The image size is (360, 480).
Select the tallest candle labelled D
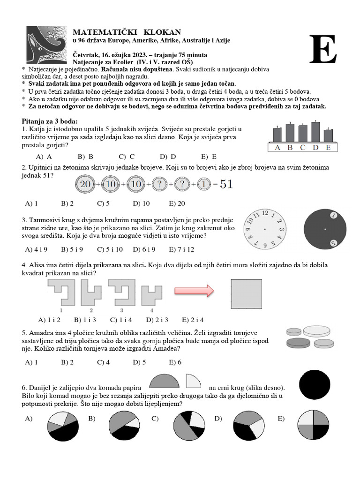pyautogui.click(x=315, y=132)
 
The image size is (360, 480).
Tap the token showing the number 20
pyautogui.click(x=85, y=185)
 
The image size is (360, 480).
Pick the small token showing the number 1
pyautogui.click(x=204, y=185)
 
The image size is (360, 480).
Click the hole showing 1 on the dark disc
pyautogui.click(x=334, y=215)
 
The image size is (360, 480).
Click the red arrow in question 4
pyautogui.click(x=194, y=291)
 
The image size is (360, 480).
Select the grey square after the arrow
pyautogui.click(x=247, y=294)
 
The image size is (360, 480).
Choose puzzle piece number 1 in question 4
pyautogui.click(x=61, y=292)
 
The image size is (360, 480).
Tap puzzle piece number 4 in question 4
pyautogui.click(x=151, y=292)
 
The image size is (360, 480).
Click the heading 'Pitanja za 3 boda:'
pyautogui.click(x=50, y=121)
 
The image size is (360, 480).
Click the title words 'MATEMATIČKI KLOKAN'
pyautogui.click(x=127, y=32)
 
